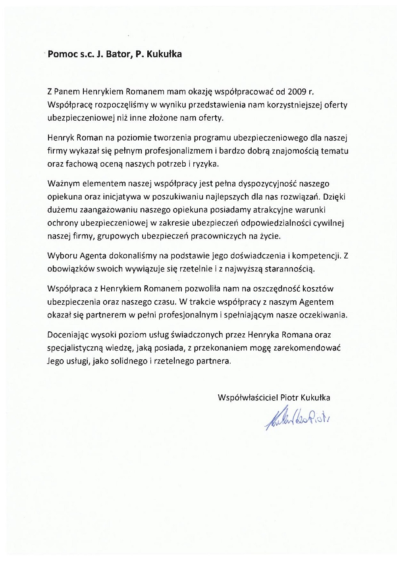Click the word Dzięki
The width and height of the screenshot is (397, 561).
pyautogui.click(x=337, y=197)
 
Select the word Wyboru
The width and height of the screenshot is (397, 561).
pyautogui.click(x=59, y=256)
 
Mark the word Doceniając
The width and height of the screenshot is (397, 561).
pyautogui.click(x=66, y=335)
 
